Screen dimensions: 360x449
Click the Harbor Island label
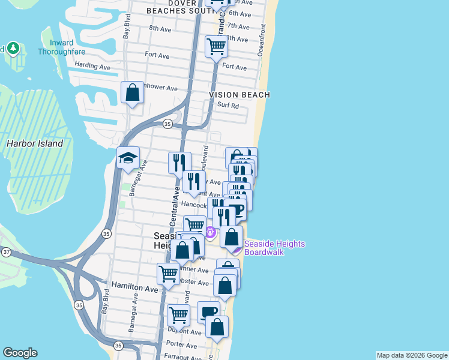[x=34, y=144]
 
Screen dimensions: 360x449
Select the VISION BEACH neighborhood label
[x=240, y=95]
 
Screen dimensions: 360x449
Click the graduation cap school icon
[x=128, y=158]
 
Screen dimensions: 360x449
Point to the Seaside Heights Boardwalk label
[x=274, y=248]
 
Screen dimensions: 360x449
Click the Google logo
[x=20, y=353]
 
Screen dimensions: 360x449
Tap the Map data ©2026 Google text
[x=412, y=356]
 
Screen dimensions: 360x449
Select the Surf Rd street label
[x=228, y=106]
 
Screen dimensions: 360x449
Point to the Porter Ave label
[x=182, y=345]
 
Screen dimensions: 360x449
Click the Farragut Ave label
[x=184, y=357]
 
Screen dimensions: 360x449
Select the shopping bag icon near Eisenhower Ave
[x=133, y=92]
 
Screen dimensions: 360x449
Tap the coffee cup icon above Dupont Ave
[x=208, y=311]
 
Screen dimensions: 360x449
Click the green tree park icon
[x=13, y=48]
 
